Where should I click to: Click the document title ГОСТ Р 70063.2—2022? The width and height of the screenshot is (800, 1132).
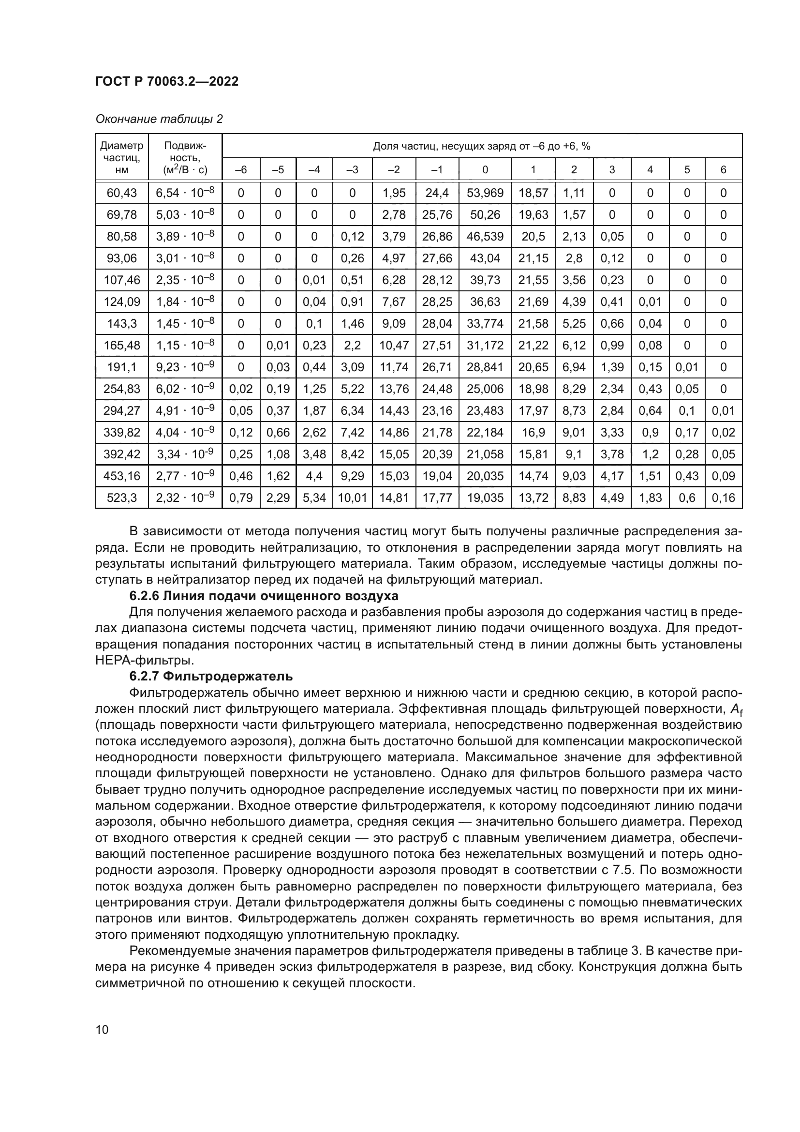point(166,82)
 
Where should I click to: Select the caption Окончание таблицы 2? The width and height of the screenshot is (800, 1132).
point(159,119)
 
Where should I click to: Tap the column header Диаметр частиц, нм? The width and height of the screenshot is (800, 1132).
point(122,158)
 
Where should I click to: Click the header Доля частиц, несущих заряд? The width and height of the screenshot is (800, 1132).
point(481,146)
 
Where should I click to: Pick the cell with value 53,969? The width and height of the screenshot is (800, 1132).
point(485,193)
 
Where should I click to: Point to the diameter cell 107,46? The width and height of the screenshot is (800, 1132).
point(122,280)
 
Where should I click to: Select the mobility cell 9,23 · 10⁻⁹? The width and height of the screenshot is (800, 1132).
point(185,367)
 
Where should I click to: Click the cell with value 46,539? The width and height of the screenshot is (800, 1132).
point(485,237)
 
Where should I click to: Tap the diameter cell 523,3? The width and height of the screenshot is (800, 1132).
point(122,498)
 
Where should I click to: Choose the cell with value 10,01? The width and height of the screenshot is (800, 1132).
point(352,498)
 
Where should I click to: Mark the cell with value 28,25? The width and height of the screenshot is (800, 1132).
point(437,302)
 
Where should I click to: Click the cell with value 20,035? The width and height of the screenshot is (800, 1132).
point(485,476)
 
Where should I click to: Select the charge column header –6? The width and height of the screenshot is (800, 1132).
point(241,170)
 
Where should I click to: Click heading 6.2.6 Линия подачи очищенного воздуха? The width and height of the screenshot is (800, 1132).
point(264,596)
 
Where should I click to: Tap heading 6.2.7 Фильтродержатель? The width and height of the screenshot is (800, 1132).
point(211,677)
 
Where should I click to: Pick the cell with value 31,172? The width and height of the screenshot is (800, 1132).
point(485,346)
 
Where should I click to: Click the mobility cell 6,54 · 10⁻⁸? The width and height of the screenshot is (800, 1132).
point(185,193)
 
